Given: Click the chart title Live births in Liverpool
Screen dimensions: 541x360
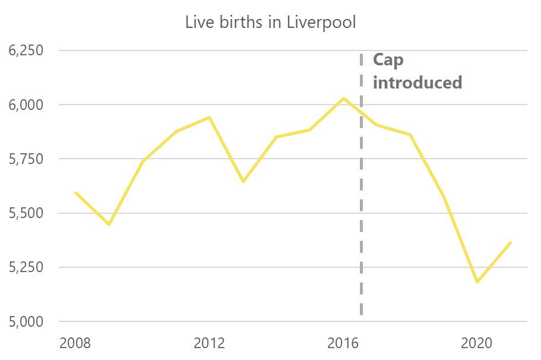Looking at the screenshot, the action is point(271,23).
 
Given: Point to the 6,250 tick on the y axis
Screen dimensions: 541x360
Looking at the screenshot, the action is point(26,50).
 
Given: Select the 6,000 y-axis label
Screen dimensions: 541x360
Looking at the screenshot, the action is point(26,105).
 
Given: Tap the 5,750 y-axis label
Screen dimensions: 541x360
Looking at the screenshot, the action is point(26,159).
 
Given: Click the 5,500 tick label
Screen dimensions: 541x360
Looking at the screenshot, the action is point(26,213).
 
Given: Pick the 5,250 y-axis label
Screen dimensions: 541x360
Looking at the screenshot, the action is point(26,267).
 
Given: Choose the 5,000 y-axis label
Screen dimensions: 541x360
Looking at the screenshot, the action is point(26,322).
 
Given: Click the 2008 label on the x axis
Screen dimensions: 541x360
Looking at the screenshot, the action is point(75,343).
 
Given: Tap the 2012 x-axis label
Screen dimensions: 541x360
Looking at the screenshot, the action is point(209,343).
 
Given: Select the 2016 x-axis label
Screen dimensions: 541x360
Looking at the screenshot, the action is point(343,343).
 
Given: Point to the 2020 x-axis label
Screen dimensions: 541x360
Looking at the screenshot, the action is point(477,343).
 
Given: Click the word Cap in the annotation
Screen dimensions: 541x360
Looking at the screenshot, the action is point(388,61).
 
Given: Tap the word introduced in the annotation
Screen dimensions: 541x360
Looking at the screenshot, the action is point(417,83).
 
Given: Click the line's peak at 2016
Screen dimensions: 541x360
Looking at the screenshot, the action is point(343,99).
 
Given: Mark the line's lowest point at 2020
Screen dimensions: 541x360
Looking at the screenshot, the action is point(477,282).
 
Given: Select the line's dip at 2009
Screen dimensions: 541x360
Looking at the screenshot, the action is point(109,224).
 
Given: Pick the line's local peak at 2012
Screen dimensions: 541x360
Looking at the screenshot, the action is point(210,118).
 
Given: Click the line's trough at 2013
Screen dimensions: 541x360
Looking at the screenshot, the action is point(243,181).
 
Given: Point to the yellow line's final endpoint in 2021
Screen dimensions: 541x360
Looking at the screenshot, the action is point(510,243).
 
